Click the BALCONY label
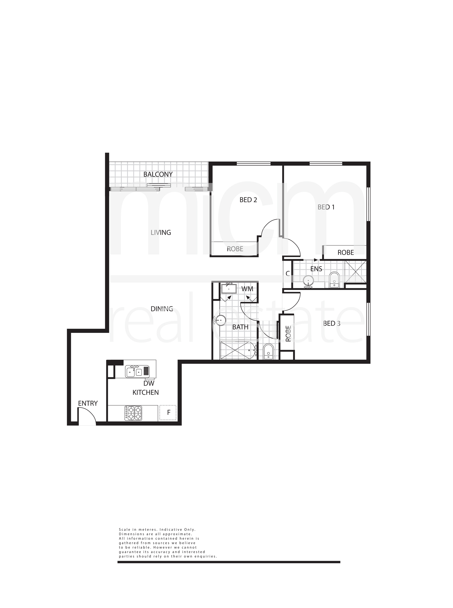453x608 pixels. (x=158, y=174)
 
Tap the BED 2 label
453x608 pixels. (x=248, y=200)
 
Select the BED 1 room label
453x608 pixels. (x=326, y=207)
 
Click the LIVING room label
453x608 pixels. (x=161, y=233)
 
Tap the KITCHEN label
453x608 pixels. (x=146, y=393)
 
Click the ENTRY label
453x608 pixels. (x=88, y=403)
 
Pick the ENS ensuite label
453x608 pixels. (x=316, y=269)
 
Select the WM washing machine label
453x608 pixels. (x=247, y=289)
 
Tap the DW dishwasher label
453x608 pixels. (x=149, y=383)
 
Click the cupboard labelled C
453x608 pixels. (x=288, y=273)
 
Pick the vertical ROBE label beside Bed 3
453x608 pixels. (x=288, y=334)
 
